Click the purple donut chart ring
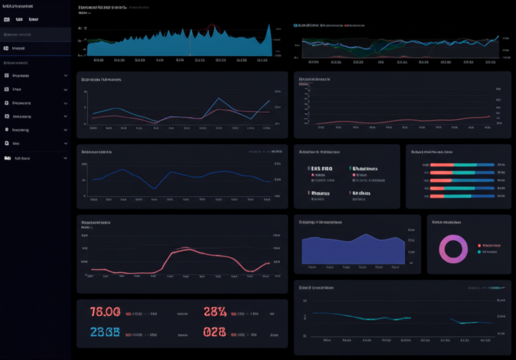tap(442, 249)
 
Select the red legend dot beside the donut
tap(479, 245)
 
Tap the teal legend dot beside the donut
tap(479, 251)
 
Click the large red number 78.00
tap(105, 312)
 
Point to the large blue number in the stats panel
tap(105, 332)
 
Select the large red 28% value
tap(215, 312)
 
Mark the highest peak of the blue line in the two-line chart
tap(219, 98)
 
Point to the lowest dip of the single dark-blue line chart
tap(154, 188)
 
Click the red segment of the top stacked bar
tap(442, 165)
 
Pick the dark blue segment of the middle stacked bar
tap(484, 181)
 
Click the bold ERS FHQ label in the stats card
tap(321, 169)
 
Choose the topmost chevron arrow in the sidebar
tap(66, 76)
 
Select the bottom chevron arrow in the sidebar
tap(66, 158)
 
